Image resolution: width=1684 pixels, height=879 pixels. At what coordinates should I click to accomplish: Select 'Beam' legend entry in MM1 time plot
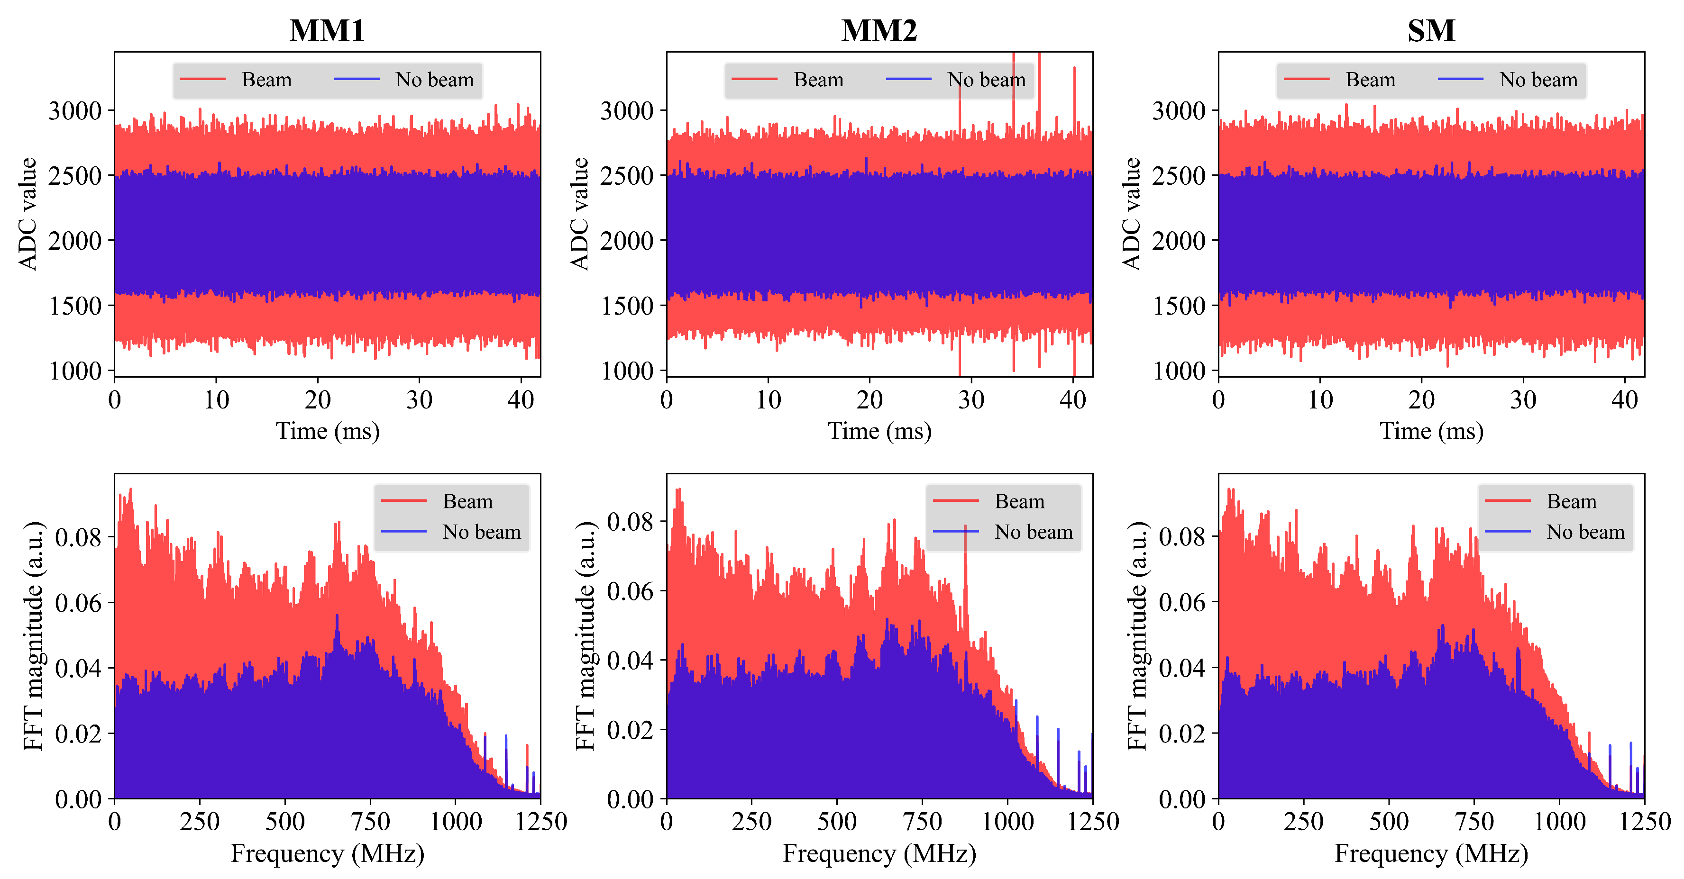tap(266, 80)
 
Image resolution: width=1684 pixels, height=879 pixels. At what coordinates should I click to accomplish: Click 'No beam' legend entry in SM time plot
tap(1538, 80)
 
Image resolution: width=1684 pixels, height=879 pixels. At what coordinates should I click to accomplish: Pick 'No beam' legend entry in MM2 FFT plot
tap(1033, 532)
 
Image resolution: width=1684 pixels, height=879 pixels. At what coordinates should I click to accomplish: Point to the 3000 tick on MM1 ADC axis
tap(75, 110)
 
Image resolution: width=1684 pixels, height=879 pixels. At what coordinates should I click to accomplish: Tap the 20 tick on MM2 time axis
tap(869, 400)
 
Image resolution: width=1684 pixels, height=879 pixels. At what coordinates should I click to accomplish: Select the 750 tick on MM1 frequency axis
tap(370, 822)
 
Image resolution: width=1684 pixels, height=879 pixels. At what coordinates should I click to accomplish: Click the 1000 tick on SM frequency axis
tap(1559, 822)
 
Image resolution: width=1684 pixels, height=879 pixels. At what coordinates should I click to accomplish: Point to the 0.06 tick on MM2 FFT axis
tap(630, 591)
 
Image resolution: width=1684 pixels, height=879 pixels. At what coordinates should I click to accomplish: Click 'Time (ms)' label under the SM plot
tap(1431, 431)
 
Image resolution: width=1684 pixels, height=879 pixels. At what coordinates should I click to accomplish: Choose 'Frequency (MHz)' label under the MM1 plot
tap(327, 853)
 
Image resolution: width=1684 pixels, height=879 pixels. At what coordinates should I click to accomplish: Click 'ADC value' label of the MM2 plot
tap(580, 214)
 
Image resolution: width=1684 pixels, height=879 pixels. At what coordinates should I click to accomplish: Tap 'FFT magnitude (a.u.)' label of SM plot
tap(1137, 635)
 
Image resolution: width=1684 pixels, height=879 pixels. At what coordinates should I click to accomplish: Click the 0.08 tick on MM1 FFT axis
tap(78, 537)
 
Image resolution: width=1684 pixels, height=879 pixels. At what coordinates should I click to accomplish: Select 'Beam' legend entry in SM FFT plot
tap(1571, 501)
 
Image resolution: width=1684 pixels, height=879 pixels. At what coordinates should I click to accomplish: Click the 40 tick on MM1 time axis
tap(521, 400)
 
